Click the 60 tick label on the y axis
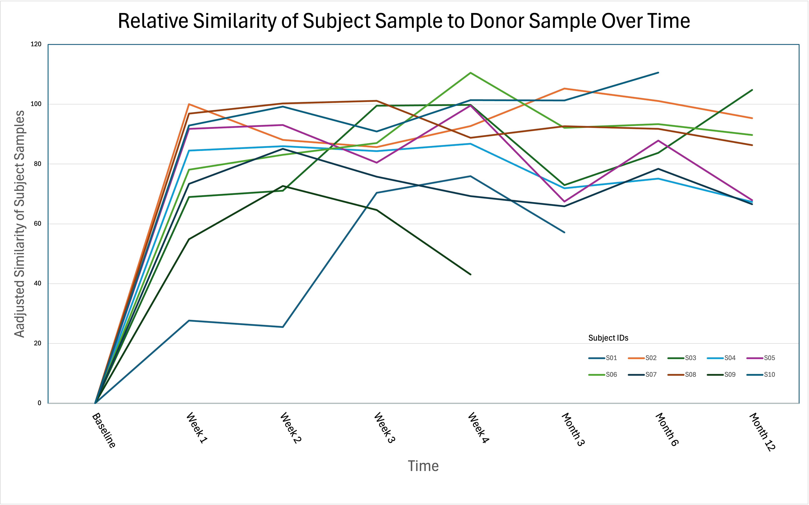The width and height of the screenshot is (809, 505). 37,223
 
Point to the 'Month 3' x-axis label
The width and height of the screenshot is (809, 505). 573,429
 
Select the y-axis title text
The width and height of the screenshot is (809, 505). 19,224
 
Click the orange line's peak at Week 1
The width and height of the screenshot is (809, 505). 189,104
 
